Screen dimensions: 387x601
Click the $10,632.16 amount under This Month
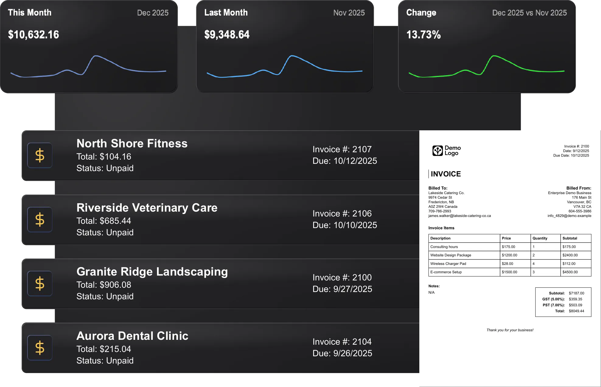[33, 35]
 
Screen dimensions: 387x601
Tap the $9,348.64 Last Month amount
[227, 35]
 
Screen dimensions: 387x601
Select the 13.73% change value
[423, 35]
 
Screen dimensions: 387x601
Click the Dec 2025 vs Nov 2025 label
[529, 13]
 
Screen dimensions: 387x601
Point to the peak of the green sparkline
[494, 56]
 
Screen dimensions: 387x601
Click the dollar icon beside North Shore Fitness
[40, 155]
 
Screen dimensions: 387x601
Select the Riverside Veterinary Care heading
[147, 208]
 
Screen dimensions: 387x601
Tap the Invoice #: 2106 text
[342, 213]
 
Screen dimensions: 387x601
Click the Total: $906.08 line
[104, 285]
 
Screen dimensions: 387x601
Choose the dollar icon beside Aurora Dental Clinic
[40, 348]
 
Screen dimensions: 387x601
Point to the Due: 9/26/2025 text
[342, 353]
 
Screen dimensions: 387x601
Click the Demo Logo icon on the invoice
[438, 150]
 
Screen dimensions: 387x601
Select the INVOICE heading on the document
[446, 174]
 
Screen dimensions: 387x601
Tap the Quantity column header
[540, 238]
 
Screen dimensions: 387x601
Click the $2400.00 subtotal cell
[570, 255]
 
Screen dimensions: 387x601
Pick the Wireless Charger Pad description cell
[448, 264]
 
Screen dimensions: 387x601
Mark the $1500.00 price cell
[509, 272]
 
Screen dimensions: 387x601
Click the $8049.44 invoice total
[576, 311]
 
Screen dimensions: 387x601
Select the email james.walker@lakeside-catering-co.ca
[459, 216]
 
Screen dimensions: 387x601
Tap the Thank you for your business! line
[510, 330]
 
